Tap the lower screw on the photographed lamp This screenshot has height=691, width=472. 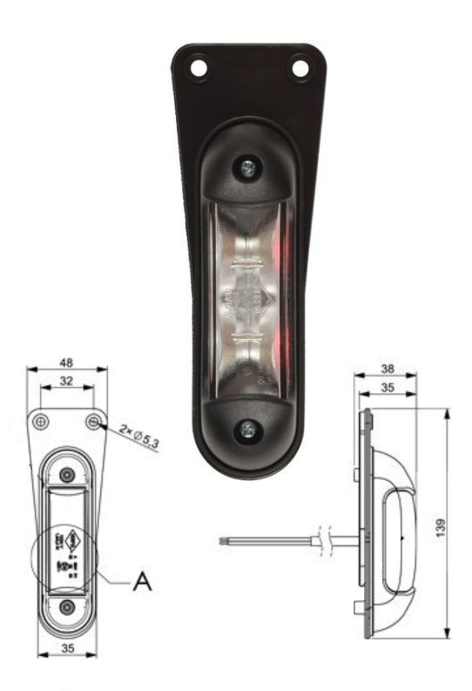(x=249, y=428)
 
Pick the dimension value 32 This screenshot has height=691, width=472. (x=67, y=381)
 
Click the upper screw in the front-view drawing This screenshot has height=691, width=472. (x=67, y=474)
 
